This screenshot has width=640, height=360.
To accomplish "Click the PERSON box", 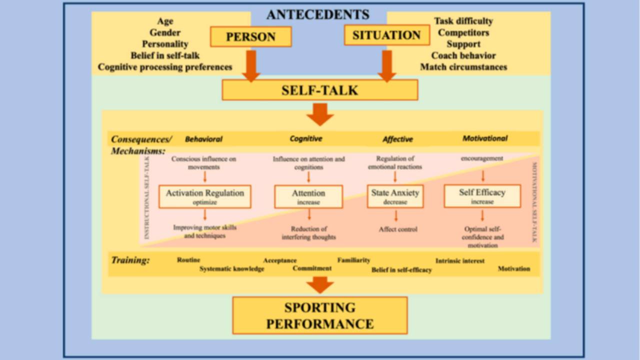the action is tap(251, 36).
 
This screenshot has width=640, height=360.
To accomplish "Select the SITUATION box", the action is tap(387, 35).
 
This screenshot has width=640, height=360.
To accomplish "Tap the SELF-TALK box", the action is tap(320, 90).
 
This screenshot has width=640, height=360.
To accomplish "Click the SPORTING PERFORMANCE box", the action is tap(320, 315).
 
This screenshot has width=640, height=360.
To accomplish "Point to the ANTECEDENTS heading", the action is tap(318, 14).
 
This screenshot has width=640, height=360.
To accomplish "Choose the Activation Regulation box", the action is tap(205, 196).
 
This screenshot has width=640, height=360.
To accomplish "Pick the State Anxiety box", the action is tap(395, 196).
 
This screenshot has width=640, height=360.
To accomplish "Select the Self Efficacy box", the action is tap(482, 196).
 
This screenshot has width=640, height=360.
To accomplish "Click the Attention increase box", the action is tap(308, 196).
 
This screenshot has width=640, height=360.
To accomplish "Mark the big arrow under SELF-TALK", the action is tap(320, 114).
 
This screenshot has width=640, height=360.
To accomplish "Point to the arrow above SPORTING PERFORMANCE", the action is tap(320, 285).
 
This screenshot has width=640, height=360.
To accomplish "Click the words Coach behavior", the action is tap(463, 55).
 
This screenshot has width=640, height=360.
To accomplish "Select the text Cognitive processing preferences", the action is tap(165, 67).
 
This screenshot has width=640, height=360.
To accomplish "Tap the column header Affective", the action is tap(397, 139).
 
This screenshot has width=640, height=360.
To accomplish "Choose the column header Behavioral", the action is tap(203, 139).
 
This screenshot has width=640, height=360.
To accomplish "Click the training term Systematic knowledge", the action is tap(231, 269).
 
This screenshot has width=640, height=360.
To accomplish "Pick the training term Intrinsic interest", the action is tap(459, 261).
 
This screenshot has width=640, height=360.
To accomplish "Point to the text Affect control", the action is tap(398, 229).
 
